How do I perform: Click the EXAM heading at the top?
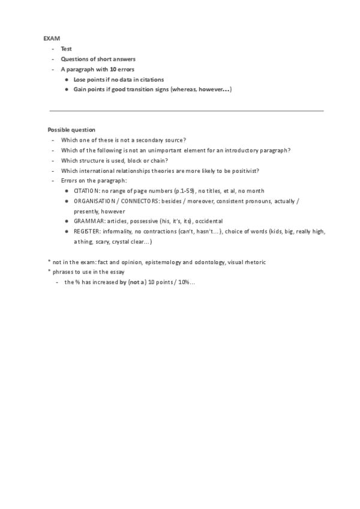click(52, 38)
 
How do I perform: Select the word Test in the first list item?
click(67, 49)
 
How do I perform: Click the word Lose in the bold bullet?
click(80, 79)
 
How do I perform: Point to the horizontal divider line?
click(186, 111)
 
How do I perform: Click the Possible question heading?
click(71, 130)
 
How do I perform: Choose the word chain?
click(161, 160)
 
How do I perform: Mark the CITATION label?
click(86, 191)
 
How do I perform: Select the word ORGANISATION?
click(95, 201)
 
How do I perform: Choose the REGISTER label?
click(86, 232)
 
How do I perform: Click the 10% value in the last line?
click(182, 283)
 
